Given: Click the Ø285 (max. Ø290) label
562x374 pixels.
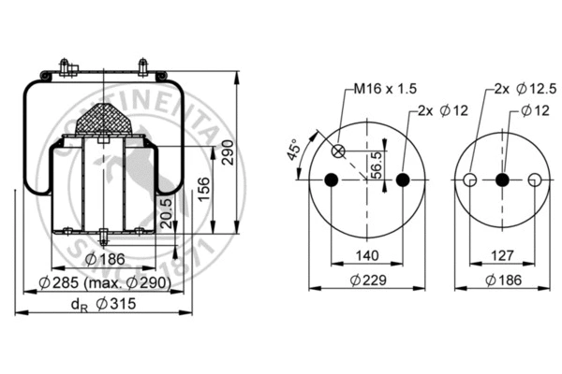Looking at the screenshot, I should point(105,283).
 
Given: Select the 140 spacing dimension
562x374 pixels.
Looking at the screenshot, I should point(368,254).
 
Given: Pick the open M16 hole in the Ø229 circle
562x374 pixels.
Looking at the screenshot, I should point(339,151).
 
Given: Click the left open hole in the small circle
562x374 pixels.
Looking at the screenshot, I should point(471,180).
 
